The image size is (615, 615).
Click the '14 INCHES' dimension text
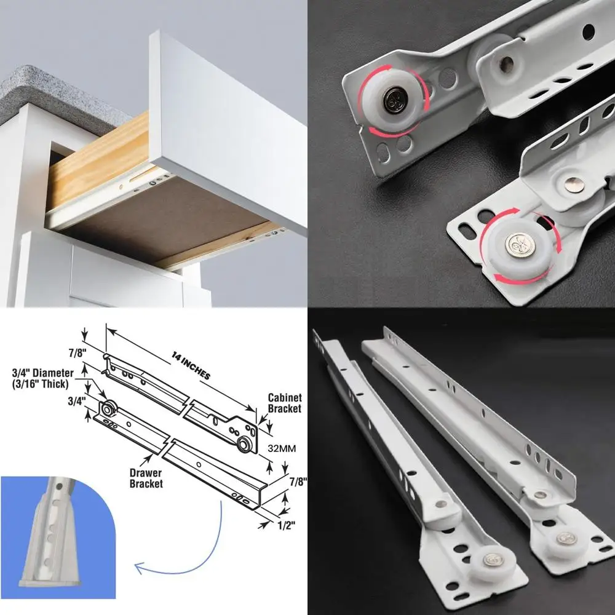click(191, 365)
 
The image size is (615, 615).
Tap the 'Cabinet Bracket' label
click(284, 403)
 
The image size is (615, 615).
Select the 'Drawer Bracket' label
click(146, 478)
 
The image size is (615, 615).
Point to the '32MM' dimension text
click(282, 448)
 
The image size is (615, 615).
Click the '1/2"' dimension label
click(287, 525)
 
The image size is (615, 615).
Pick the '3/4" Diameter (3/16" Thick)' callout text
click(42, 378)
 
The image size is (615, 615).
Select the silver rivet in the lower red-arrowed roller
click(518, 244)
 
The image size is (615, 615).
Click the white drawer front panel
click(228, 129)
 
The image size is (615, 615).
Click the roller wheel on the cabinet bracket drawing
click(244, 445)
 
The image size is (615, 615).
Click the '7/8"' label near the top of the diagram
click(77, 353)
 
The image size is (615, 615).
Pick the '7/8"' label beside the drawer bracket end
click(298, 482)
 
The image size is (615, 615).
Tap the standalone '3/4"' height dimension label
click(76, 401)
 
